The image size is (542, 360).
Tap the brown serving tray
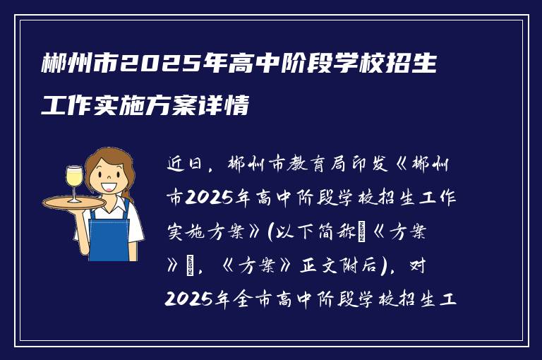click(x=73, y=203)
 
